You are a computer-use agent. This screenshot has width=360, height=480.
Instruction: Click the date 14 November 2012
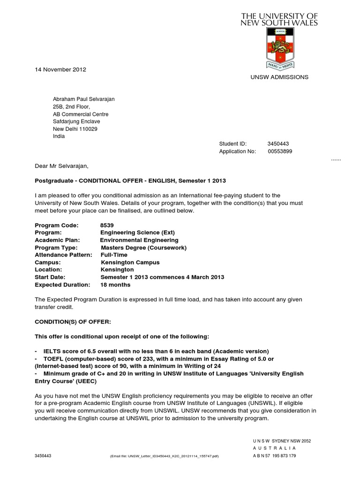tap(60, 69)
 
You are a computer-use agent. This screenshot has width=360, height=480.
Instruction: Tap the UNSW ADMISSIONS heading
tap(280, 77)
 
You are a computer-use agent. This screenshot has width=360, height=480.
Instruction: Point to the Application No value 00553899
tap(280, 151)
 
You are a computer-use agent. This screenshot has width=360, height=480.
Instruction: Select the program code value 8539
tap(107, 225)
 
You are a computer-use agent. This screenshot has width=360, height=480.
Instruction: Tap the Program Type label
tap(56, 247)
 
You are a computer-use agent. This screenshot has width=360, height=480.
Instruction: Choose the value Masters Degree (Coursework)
tap(143, 247)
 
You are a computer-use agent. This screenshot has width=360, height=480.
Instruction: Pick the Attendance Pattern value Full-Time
tap(115, 255)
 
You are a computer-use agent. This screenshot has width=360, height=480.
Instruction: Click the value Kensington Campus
tap(130, 262)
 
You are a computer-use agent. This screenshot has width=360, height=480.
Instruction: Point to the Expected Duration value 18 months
tap(115, 285)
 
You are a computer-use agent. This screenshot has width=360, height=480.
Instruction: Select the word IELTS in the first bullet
tap(52, 351)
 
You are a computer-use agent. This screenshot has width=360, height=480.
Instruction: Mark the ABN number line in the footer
tap(274, 455)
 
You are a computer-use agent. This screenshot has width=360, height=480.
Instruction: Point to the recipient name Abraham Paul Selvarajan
tap(83, 99)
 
